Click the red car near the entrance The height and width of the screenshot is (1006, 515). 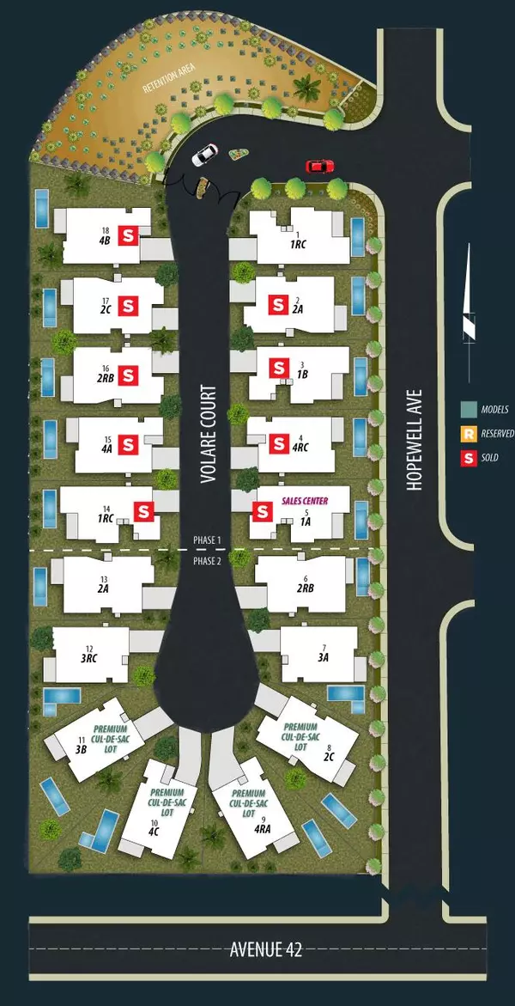[318, 166]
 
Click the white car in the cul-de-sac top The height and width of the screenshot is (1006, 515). [204, 156]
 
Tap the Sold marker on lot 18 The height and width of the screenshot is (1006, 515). [129, 235]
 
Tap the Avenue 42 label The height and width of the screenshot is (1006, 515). [265, 950]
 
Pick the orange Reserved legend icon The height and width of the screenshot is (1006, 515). [468, 434]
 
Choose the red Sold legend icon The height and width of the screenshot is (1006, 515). [468, 458]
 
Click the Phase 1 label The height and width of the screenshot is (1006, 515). [207, 540]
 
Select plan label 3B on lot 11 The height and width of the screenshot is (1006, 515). [82, 749]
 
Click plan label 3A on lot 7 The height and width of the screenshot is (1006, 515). [323, 657]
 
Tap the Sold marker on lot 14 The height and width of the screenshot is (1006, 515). [144, 511]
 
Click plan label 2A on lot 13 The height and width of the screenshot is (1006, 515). [104, 590]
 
